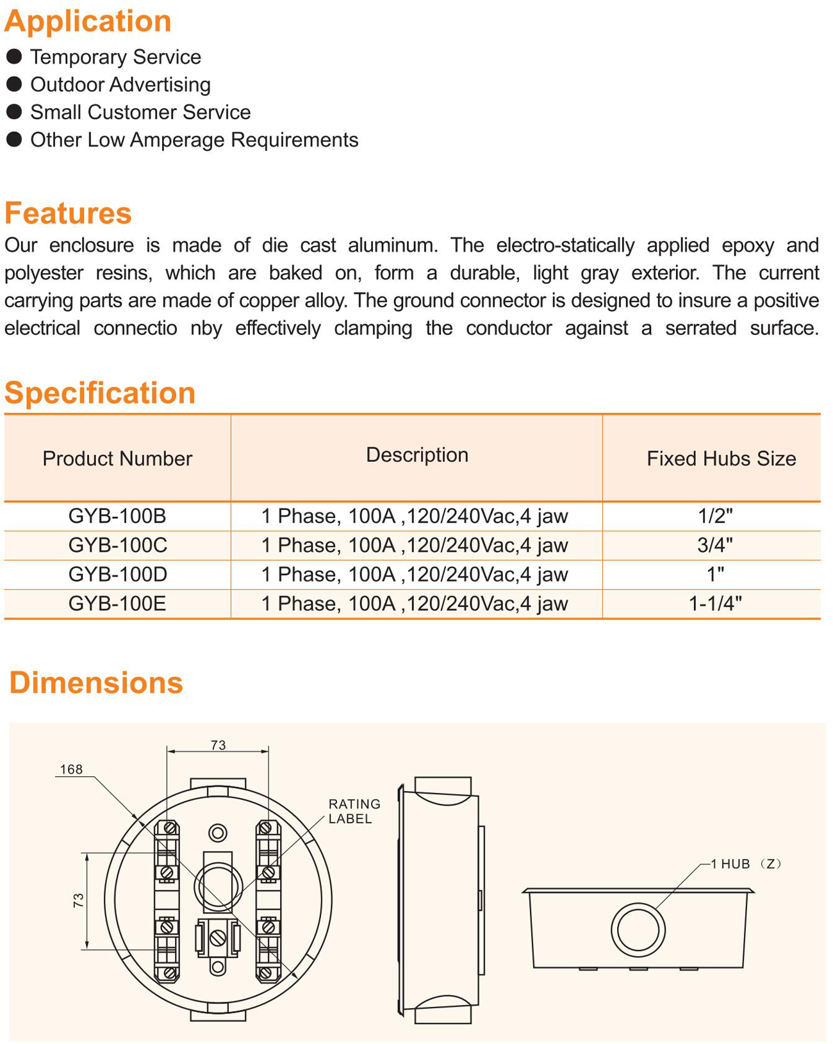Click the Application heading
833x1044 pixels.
(88, 21)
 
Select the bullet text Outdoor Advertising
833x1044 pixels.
(120, 85)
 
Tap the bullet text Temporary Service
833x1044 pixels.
(115, 57)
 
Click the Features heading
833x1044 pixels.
(68, 213)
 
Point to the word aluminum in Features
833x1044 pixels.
(393, 245)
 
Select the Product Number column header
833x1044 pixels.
(117, 459)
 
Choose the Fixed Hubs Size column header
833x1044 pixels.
(721, 459)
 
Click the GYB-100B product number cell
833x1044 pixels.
(117, 516)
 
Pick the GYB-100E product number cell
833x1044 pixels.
(117, 603)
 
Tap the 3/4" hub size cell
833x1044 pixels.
(715, 545)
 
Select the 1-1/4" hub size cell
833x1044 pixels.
(715, 603)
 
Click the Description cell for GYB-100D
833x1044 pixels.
(415, 575)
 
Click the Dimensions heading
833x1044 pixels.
(96, 683)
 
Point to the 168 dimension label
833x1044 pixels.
(71, 769)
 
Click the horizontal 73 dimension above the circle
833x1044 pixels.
(218, 745)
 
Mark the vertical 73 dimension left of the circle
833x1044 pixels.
(78, 901)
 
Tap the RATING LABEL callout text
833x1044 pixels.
(354, 811)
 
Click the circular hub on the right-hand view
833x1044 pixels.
(638, 929)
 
